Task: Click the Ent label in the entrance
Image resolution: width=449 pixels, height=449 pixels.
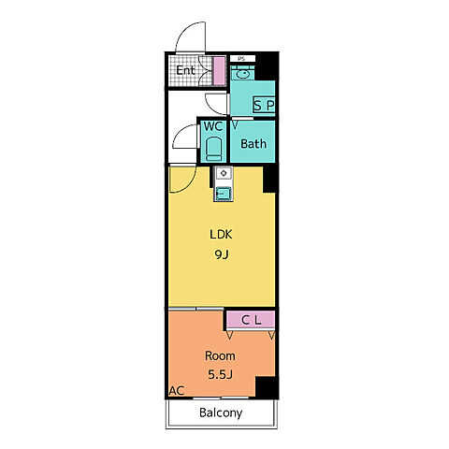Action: click(185, 70)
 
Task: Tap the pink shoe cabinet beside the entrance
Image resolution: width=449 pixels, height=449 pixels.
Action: click(219, 71)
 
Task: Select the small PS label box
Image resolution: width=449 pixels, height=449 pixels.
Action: click(242, 59)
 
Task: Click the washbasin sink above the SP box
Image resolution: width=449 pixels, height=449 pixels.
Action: click(242, 74)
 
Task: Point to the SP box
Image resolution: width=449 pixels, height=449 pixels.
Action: click(264, 106)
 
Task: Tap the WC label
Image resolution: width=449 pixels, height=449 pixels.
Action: click(213, 126)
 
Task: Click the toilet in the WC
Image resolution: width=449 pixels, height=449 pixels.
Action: click(214, 150)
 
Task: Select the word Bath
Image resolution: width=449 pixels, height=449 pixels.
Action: click(253, 144)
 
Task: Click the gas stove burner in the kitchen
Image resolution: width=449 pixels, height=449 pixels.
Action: click(224, 173)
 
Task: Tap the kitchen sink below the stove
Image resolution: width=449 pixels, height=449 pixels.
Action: click(224, 194)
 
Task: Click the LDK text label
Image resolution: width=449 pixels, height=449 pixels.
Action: click(221, 235)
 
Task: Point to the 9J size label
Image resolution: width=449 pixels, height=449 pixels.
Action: click(222, 254)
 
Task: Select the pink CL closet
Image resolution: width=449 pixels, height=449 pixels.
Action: click(251, 320)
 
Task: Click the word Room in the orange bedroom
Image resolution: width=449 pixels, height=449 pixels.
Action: click(220, 355)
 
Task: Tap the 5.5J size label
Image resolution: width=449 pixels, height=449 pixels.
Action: click(221, 375)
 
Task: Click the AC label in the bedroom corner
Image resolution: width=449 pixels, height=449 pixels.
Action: click(177, 390)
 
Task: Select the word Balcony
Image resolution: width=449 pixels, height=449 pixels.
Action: click(221, 413)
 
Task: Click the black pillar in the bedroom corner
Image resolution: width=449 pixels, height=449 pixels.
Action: click(267, 387)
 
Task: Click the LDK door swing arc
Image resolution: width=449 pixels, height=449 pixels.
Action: click(188, 185)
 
